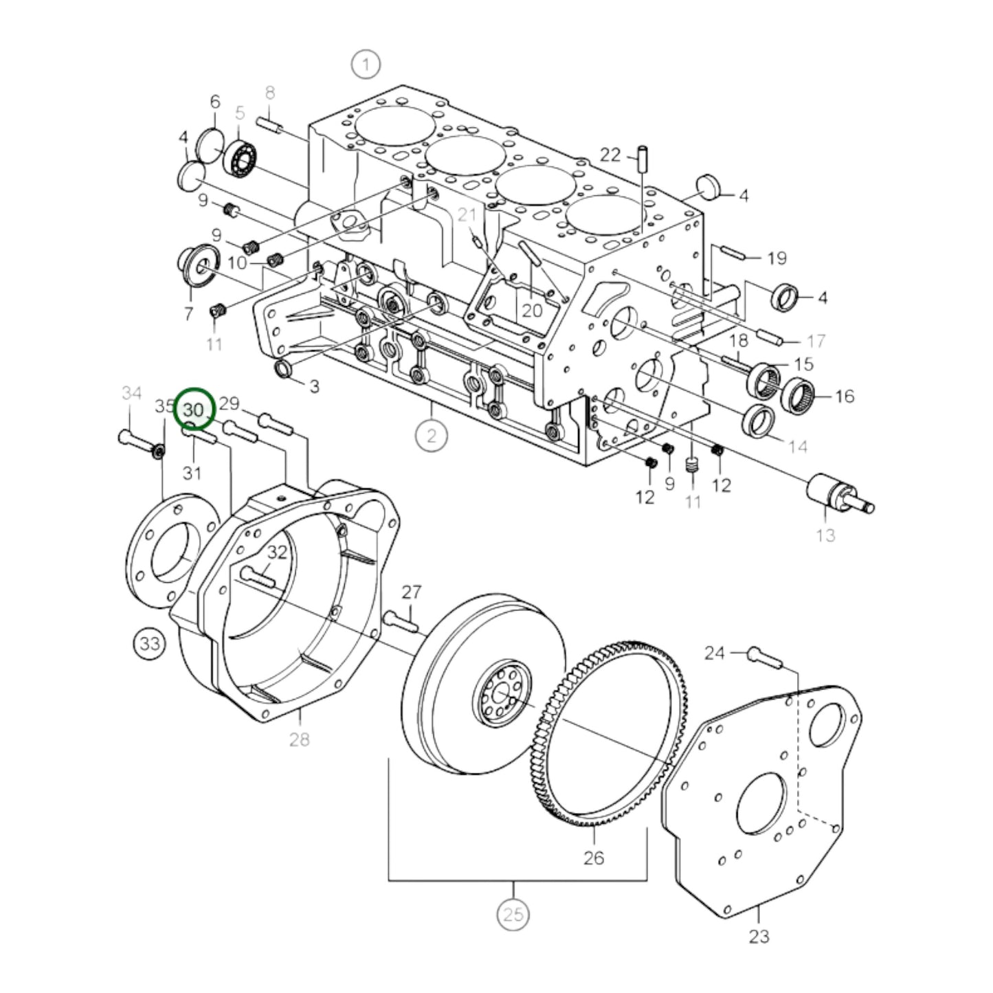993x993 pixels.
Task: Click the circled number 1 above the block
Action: click(366, 65)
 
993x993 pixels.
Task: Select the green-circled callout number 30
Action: click(195, 410)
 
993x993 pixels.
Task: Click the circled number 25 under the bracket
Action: click(513, 915)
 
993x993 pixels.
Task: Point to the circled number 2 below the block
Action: click(432, 436)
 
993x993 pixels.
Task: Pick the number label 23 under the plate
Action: click(759, 935)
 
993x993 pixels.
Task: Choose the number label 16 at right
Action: click(844, 396)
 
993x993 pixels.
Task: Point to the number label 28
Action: click(300, 739)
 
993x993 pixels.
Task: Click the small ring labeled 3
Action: click(283, 369)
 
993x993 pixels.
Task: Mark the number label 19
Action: click(777, 258)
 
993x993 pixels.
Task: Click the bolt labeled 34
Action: click(135, 440)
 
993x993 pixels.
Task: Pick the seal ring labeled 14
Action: click(760, 422)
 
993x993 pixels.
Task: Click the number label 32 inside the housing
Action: click(277, 552)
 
